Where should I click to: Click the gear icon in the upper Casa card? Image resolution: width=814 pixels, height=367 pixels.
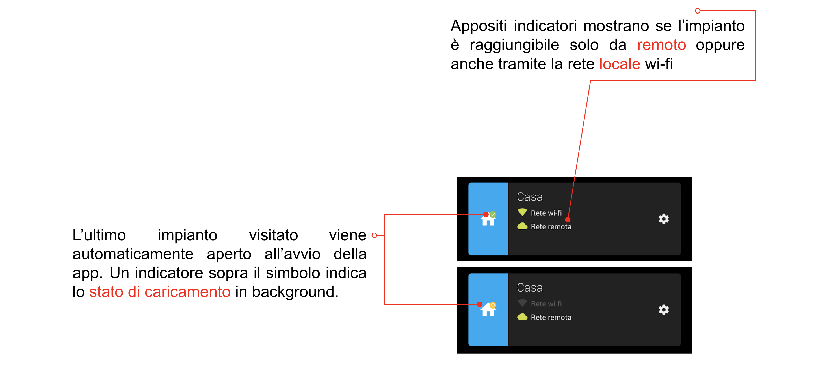pos(663,219)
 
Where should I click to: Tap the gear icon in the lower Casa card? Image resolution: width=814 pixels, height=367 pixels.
pos(663,310)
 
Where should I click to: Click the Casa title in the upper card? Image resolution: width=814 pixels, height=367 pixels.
pos(530,197)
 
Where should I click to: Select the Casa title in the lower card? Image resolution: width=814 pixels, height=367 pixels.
pos(530,287)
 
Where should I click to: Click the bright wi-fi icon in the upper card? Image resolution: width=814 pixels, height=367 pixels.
pos(522,212)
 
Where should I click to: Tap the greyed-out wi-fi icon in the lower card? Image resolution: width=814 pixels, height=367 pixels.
pos(522,303)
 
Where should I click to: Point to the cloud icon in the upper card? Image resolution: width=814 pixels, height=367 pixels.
pos(522,226)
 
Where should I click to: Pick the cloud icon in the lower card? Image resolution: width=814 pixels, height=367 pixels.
pos(522,316)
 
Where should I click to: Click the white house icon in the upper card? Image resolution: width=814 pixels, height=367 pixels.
pos(488,220)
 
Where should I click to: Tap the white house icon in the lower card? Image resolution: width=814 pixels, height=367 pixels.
pos(488,310)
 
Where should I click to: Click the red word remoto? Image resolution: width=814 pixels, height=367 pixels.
pos(661,45)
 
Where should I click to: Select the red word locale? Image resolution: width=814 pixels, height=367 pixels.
pos(620,64)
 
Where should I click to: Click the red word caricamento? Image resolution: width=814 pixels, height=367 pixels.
pos(187,292)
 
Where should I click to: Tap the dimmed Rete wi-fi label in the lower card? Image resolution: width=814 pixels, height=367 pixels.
pos(546,303)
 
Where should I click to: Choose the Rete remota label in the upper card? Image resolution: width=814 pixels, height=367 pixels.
pos(551,227)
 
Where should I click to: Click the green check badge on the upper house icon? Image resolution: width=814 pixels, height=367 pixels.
pos(493,215)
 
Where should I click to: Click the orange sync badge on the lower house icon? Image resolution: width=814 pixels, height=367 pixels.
pos(493,305)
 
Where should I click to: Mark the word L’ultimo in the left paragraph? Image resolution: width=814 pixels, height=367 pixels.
pos(99,235)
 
